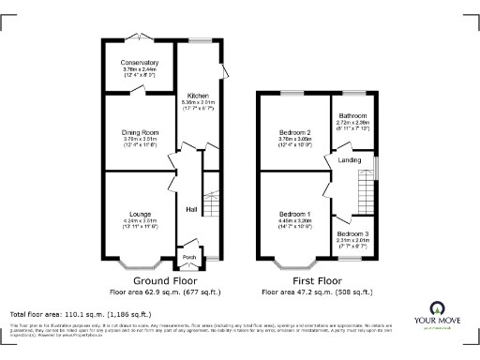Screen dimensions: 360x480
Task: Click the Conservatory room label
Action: [x=139, y=63]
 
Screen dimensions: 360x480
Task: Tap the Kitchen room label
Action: [x=198, y=96]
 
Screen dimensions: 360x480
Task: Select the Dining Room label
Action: [x=139, y=133]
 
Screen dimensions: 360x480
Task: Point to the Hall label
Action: [x=190, y=209]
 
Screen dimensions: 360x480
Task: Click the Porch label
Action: [x=188, y=257]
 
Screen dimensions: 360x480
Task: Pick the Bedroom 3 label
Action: [x=352, y=232]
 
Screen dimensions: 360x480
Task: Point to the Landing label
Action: [x=349, y=160]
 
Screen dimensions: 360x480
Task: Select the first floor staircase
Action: [x=363, y=197]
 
